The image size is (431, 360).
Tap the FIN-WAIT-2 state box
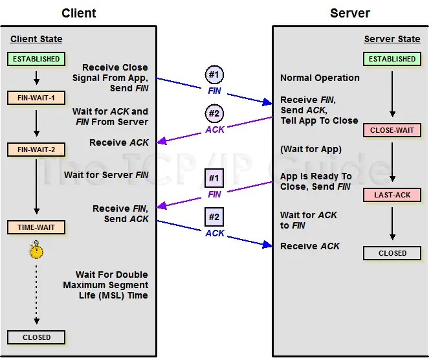(x=36, y=150)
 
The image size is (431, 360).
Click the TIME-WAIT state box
(x=36, y=227)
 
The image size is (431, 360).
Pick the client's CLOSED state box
(x=36, y=337)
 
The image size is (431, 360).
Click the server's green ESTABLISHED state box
(x=392, y=59)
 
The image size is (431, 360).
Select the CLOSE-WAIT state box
(x=392, y=131)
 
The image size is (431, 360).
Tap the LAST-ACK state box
(x=392, y=195)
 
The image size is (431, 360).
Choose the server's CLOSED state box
(x=392, y=253)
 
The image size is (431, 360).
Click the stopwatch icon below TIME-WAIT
(x=36, y=250)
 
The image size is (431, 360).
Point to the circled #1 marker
(x=215, y=74)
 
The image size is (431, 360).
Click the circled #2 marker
(x=215, y=114)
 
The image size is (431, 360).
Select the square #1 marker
(x=215, y=177)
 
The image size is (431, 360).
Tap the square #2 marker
(x=215, y=217)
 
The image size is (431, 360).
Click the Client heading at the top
(x=80, y=13)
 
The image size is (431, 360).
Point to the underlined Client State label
(x=37, y=39)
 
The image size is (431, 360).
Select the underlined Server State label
(x=392, y=39)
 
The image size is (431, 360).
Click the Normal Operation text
(x=320, y=78)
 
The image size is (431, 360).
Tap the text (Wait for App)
(x=311, y=150)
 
